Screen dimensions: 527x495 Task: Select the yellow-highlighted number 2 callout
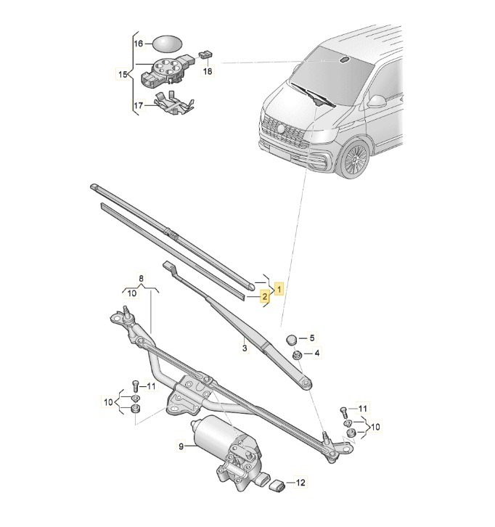[x=266, y=296]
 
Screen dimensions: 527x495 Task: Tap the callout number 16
[x=139, y=44]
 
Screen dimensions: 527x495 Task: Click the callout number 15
[x=122, y=74]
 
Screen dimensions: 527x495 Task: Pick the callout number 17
[x=139, y=105]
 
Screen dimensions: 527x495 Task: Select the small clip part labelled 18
[x=205, y=54]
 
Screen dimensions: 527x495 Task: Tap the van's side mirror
[x=377, y=100]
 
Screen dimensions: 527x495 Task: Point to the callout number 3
[x=245, y=349]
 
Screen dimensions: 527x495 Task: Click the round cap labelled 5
[x=292, y=338]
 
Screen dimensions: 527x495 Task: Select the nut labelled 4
[x=296, y=354]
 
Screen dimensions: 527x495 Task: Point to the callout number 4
[x=316, y=354]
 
